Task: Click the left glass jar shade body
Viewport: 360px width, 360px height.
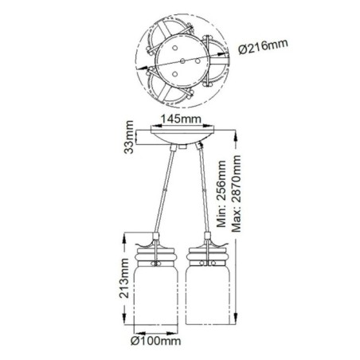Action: tap(152, 295)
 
